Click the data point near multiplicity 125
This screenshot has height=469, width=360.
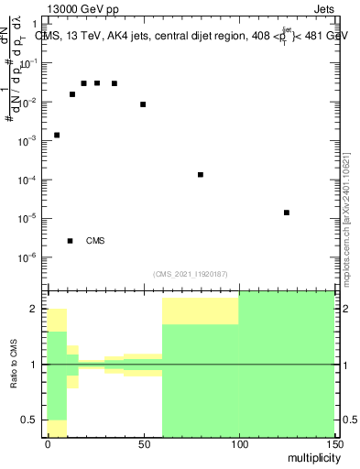287,213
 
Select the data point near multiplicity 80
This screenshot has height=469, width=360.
201,174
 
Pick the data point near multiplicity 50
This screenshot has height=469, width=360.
143,104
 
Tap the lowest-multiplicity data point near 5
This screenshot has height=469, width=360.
57,136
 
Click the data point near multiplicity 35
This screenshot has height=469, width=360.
115,83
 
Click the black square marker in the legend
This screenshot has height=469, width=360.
71,241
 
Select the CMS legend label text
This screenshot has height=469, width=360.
95,241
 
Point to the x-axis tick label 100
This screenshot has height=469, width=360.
238,443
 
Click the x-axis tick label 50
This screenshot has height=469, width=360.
143,443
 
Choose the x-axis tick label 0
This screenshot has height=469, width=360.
48,443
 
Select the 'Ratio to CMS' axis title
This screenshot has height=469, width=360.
14,365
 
